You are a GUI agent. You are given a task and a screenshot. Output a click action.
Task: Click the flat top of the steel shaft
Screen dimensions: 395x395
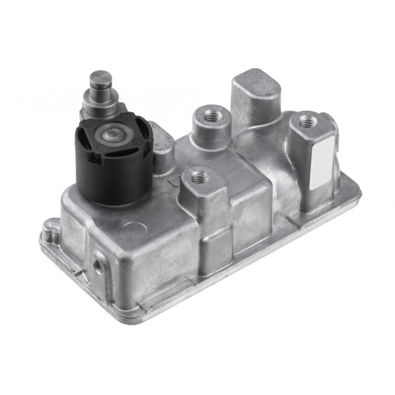click(101, 76)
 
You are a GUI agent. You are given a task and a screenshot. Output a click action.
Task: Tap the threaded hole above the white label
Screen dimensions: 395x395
click(306, 120)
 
